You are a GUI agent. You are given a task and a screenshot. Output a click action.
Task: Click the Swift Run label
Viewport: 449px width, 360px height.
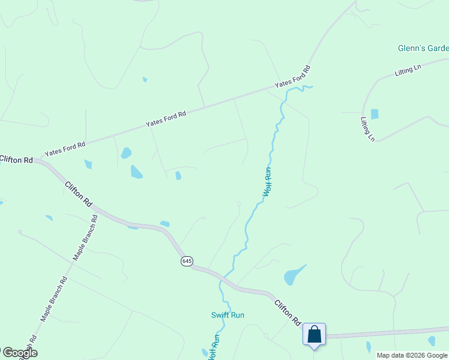228,315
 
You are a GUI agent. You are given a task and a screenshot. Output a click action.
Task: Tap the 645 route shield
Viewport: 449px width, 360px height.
187,261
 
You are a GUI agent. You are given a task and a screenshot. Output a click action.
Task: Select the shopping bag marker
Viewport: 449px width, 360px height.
314,335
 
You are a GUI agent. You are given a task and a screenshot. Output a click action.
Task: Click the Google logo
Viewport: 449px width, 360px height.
19,353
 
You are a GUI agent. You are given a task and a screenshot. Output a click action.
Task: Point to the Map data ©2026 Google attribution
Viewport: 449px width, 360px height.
412,355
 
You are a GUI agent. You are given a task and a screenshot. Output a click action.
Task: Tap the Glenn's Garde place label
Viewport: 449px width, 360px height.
423,48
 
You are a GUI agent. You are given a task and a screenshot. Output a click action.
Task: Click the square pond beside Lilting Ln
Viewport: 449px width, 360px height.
375,114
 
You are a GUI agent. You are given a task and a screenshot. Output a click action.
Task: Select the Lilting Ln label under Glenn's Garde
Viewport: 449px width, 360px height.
408,71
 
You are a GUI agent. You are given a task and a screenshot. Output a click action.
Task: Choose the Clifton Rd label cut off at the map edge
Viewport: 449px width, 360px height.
16,160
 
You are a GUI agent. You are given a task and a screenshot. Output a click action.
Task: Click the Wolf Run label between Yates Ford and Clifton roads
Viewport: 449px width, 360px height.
268,182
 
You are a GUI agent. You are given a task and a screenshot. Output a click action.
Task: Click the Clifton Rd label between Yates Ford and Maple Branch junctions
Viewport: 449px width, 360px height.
79,194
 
